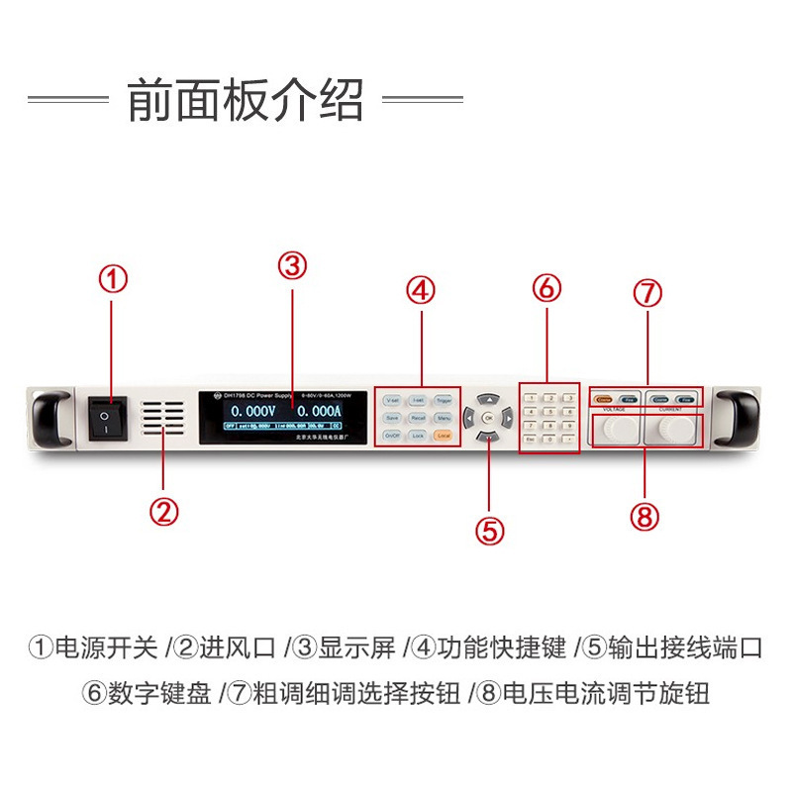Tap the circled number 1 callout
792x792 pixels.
(111, 280)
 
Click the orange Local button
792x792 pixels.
(443, 436)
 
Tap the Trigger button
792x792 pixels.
(444, 401)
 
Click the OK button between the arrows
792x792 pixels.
(487, 417)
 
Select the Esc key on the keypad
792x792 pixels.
(532, 438)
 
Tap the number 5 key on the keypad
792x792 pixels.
(550, 412)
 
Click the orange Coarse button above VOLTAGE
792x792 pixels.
(603, 399)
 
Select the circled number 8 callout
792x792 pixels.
(643, 515)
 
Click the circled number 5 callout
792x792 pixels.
(489, 530)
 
